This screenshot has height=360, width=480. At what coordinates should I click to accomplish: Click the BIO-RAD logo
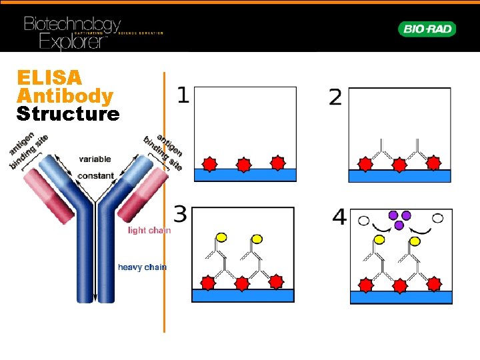tap(427, 29)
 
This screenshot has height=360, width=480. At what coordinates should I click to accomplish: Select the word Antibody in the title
tap(65, 96)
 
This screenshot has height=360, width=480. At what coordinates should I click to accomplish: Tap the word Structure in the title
tap(68, 114)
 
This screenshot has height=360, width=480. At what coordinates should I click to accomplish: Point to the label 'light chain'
tap(149, 231)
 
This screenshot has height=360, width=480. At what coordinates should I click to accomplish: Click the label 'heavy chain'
tap(142, 267)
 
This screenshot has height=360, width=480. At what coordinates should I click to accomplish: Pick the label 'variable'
tap(95, 159)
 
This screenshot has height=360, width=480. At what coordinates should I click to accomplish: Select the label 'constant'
tap(96, 176)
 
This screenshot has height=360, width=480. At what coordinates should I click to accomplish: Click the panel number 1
tap(182, 96)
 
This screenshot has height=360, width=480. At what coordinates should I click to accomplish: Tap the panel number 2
tap(335, 99)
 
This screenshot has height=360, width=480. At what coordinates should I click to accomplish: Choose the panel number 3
tap(180, 215)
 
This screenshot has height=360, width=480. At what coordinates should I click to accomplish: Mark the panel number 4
tap(339, 217)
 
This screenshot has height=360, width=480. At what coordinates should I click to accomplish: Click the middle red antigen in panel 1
tap(244, 164)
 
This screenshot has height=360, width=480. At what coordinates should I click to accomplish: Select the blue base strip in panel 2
tap(399, 176)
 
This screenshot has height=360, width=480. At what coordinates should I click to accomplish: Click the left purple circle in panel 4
tap(393, 215)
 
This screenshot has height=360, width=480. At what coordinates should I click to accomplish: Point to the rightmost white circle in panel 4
tap(438, 218)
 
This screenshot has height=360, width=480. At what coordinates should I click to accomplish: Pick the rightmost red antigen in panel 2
tap(433, 163)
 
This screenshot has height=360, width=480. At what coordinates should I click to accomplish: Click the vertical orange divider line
tap(164, 200)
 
